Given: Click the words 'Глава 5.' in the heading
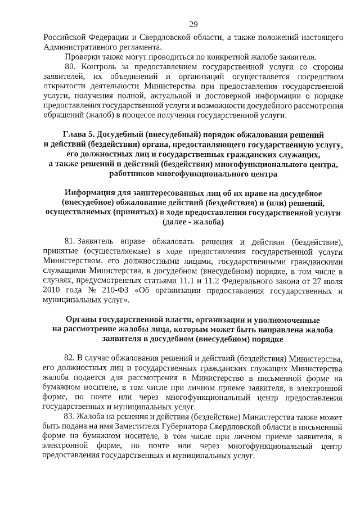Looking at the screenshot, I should click(78, 135).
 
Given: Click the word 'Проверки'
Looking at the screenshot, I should click(82, 57).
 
